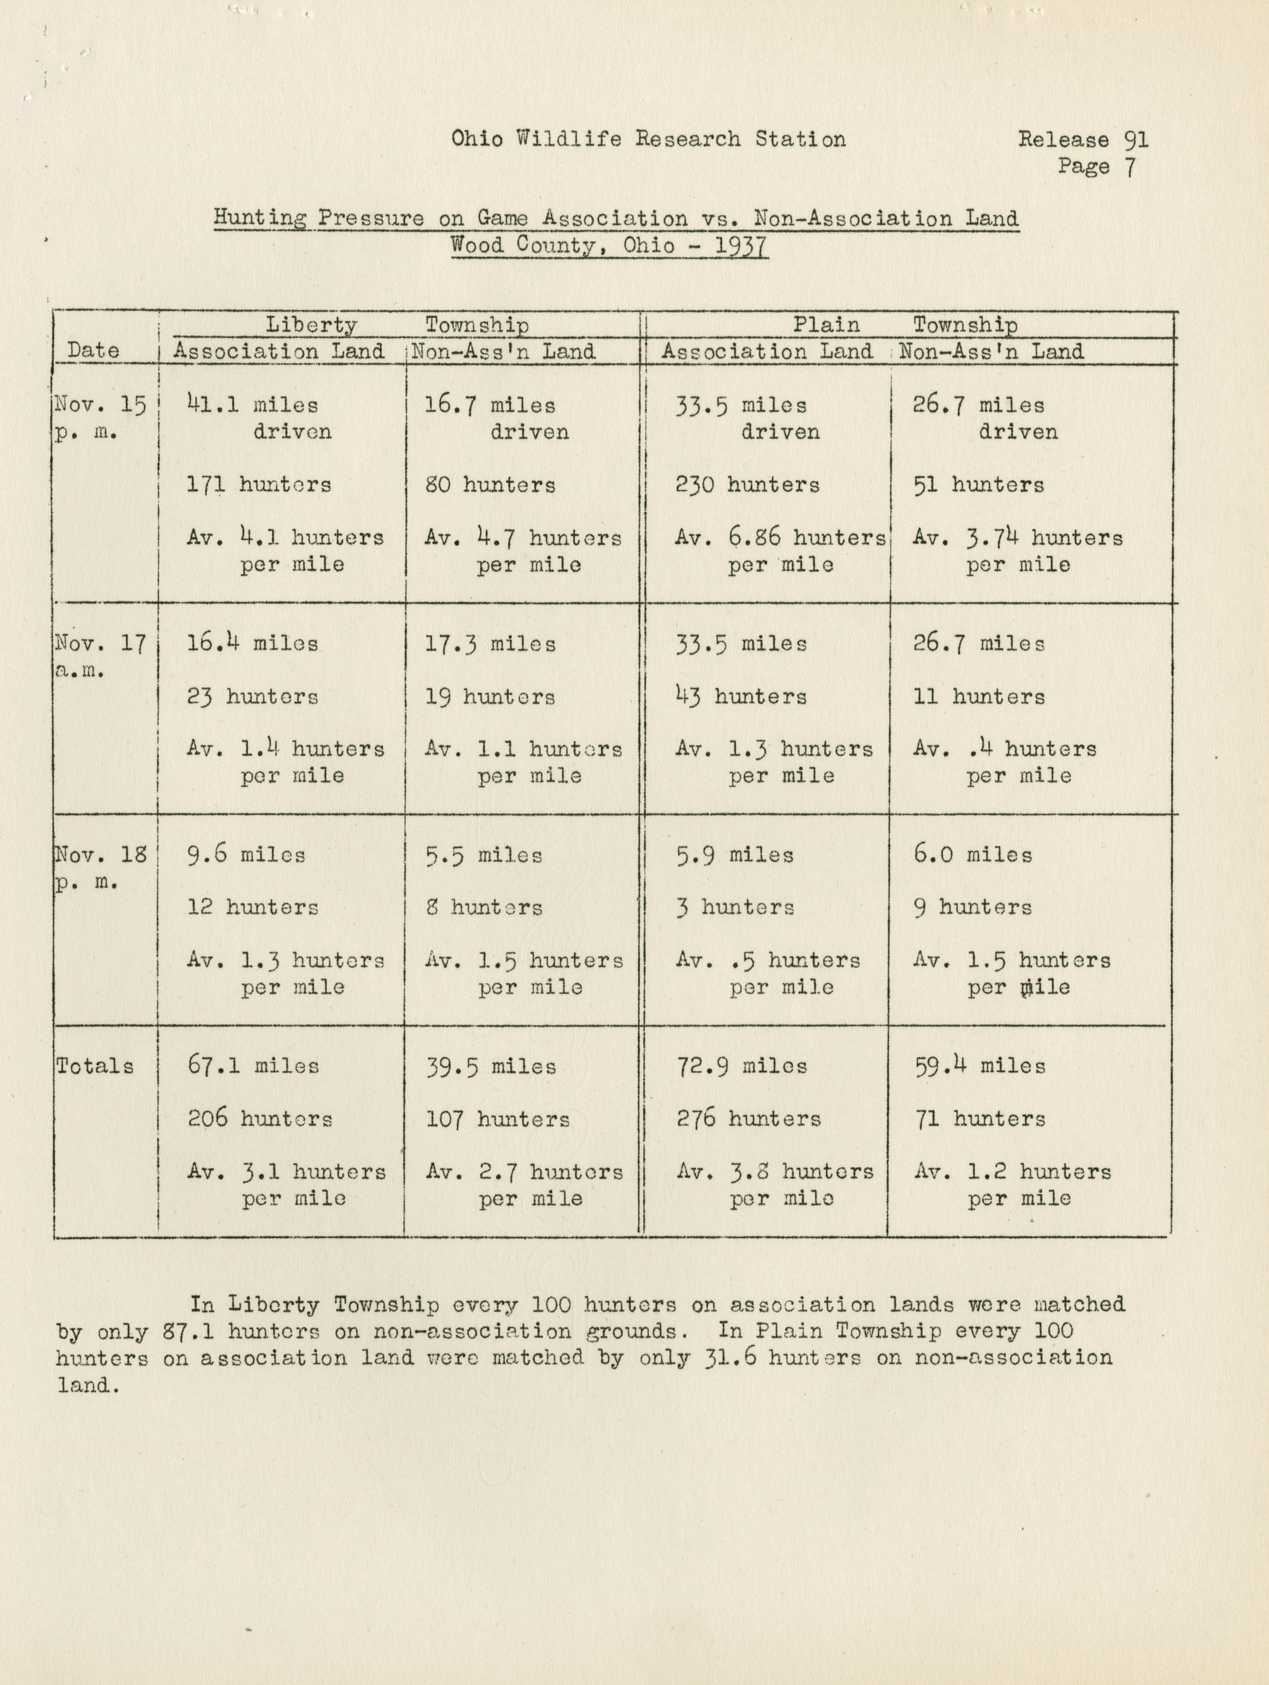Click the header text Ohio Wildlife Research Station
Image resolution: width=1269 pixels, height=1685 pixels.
coord(648,139)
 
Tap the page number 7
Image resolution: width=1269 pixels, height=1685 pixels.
coord(1130,167)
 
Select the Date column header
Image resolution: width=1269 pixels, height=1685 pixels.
coord(93,351)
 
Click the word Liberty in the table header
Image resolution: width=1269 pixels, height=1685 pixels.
coord(311,325)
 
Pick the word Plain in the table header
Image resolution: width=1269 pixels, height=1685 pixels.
coord(826,325)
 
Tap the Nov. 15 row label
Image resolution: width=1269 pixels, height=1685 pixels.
coord(100,405)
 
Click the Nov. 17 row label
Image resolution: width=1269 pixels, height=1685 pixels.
coord(100,644)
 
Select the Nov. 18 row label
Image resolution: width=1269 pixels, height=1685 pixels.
coord(100,855)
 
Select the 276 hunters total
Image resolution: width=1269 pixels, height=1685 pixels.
coord(748,1119)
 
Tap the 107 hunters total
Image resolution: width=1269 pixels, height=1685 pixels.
coord(497,1119)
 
